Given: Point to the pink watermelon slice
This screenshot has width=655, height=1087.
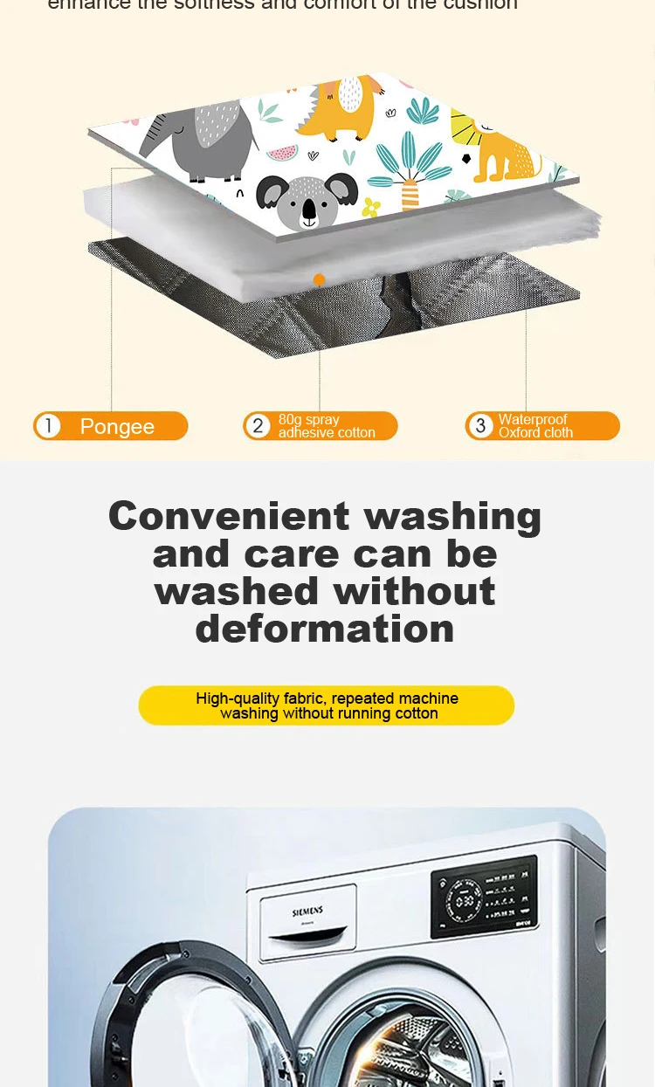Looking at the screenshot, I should click(x=281, y=154).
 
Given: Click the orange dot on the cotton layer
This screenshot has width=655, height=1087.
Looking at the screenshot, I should click(x=319, y=280).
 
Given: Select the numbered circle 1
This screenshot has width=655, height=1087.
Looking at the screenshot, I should click(x=48, y=426).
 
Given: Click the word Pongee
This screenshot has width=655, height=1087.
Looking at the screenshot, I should click(x=117, y=427).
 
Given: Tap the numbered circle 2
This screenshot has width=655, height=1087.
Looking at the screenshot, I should click(x=258, y=426).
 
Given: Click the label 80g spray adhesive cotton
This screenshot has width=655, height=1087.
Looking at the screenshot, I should click(x=327, y=426).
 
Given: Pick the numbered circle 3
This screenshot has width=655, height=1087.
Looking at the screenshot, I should click(x=480, y=426).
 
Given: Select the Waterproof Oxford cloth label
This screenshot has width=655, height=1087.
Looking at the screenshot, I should click(x=535, y=426).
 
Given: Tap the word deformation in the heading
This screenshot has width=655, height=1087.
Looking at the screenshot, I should click(x=325, y=629).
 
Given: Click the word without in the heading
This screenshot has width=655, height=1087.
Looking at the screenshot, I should click(x=414, y=591).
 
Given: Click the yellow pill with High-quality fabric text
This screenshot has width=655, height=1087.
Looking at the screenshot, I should click(x=327, y=705).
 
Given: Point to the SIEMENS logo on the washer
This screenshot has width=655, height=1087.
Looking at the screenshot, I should click(x=307, y=912).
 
